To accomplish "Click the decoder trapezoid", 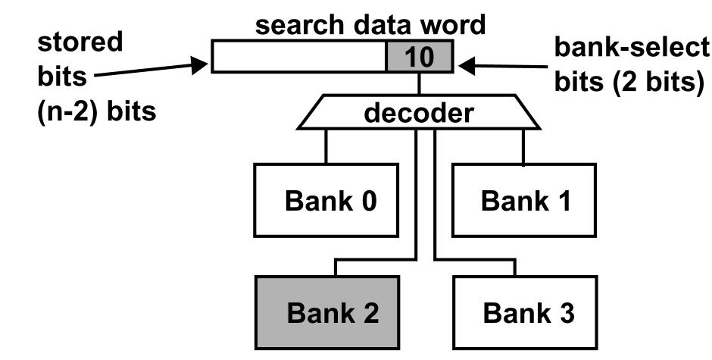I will (419, 113).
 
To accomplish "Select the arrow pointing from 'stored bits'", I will (151, 70).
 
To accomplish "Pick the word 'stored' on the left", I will (80, 42).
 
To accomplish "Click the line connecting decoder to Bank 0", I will (326, 146).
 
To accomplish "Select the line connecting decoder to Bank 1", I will (523, 146).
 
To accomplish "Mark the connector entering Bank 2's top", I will (335, 269).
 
